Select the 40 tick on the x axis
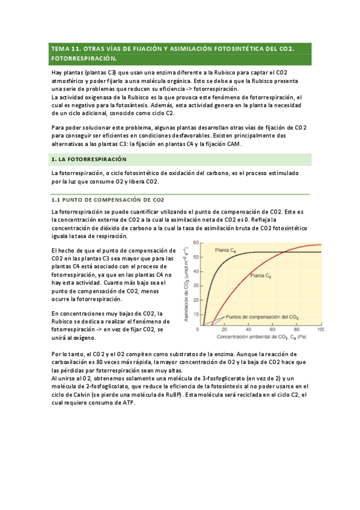point(248,330)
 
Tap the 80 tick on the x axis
point(296,330)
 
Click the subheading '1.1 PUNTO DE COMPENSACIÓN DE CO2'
point(108,200)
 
